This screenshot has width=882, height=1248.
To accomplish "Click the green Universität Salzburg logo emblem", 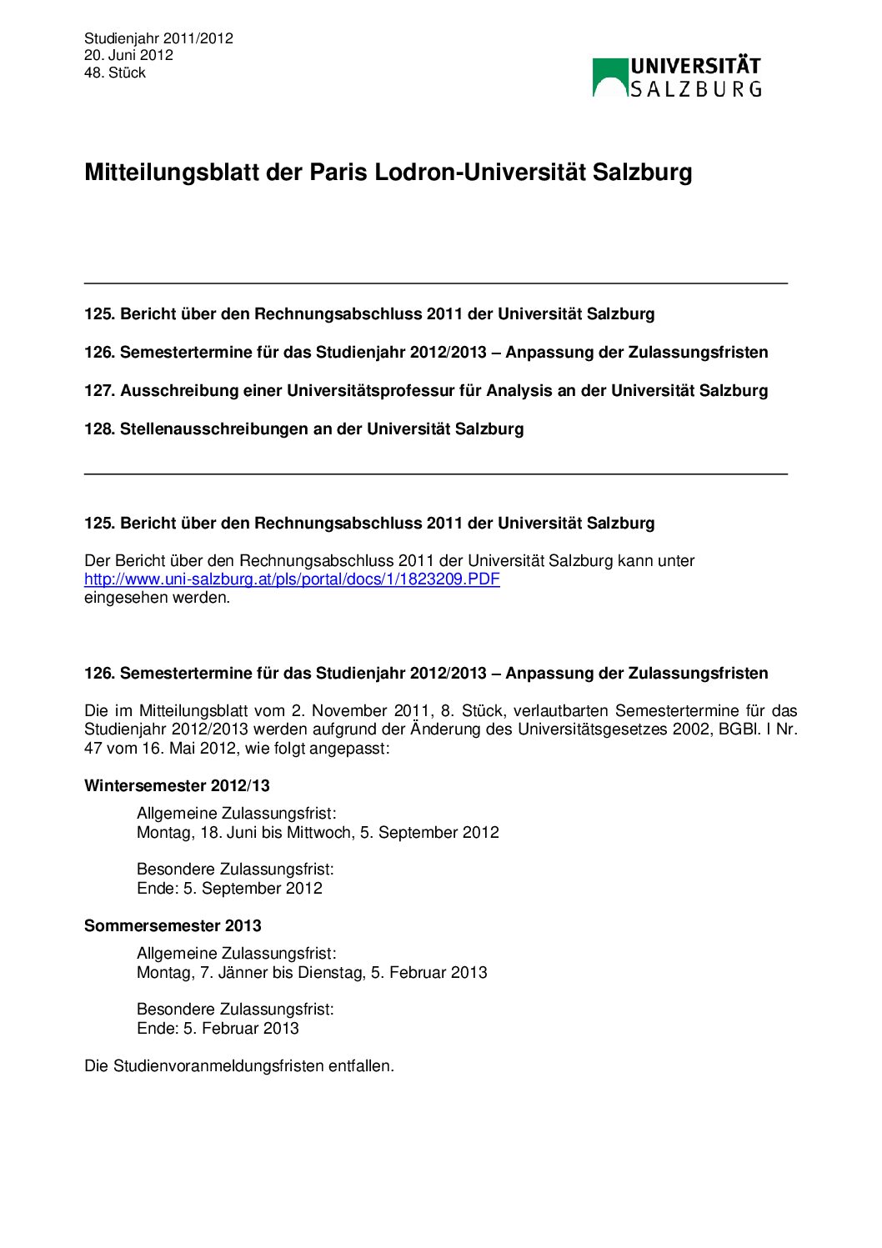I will pos(609,78).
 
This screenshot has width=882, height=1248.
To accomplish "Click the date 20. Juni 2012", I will pos(128,55).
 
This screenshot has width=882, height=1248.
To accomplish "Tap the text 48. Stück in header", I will pos(115,73).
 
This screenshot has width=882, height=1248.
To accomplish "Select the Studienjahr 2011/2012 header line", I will pos(158,38).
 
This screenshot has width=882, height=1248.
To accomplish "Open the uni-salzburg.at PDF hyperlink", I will pos(292,579).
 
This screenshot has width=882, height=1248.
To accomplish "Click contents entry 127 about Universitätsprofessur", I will pos(426,391).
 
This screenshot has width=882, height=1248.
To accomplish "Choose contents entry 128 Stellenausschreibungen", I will pos(304,429).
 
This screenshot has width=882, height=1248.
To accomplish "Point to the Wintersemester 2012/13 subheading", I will pos(177,786).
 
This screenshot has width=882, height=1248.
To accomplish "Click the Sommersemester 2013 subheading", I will pos(173,926).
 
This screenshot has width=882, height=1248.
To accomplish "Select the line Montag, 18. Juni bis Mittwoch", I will pos(318,833).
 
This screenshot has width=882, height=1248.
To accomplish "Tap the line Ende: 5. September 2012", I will pos(229,889).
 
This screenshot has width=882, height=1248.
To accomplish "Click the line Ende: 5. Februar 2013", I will pos(218,1029).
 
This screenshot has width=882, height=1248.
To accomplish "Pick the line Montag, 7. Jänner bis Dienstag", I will pos(312,973).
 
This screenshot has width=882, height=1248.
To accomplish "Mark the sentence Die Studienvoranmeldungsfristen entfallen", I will pos(239,1066).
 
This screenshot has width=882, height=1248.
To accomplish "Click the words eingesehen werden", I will pos(157,598).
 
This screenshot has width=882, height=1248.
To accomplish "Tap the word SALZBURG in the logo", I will pos(695,89).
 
